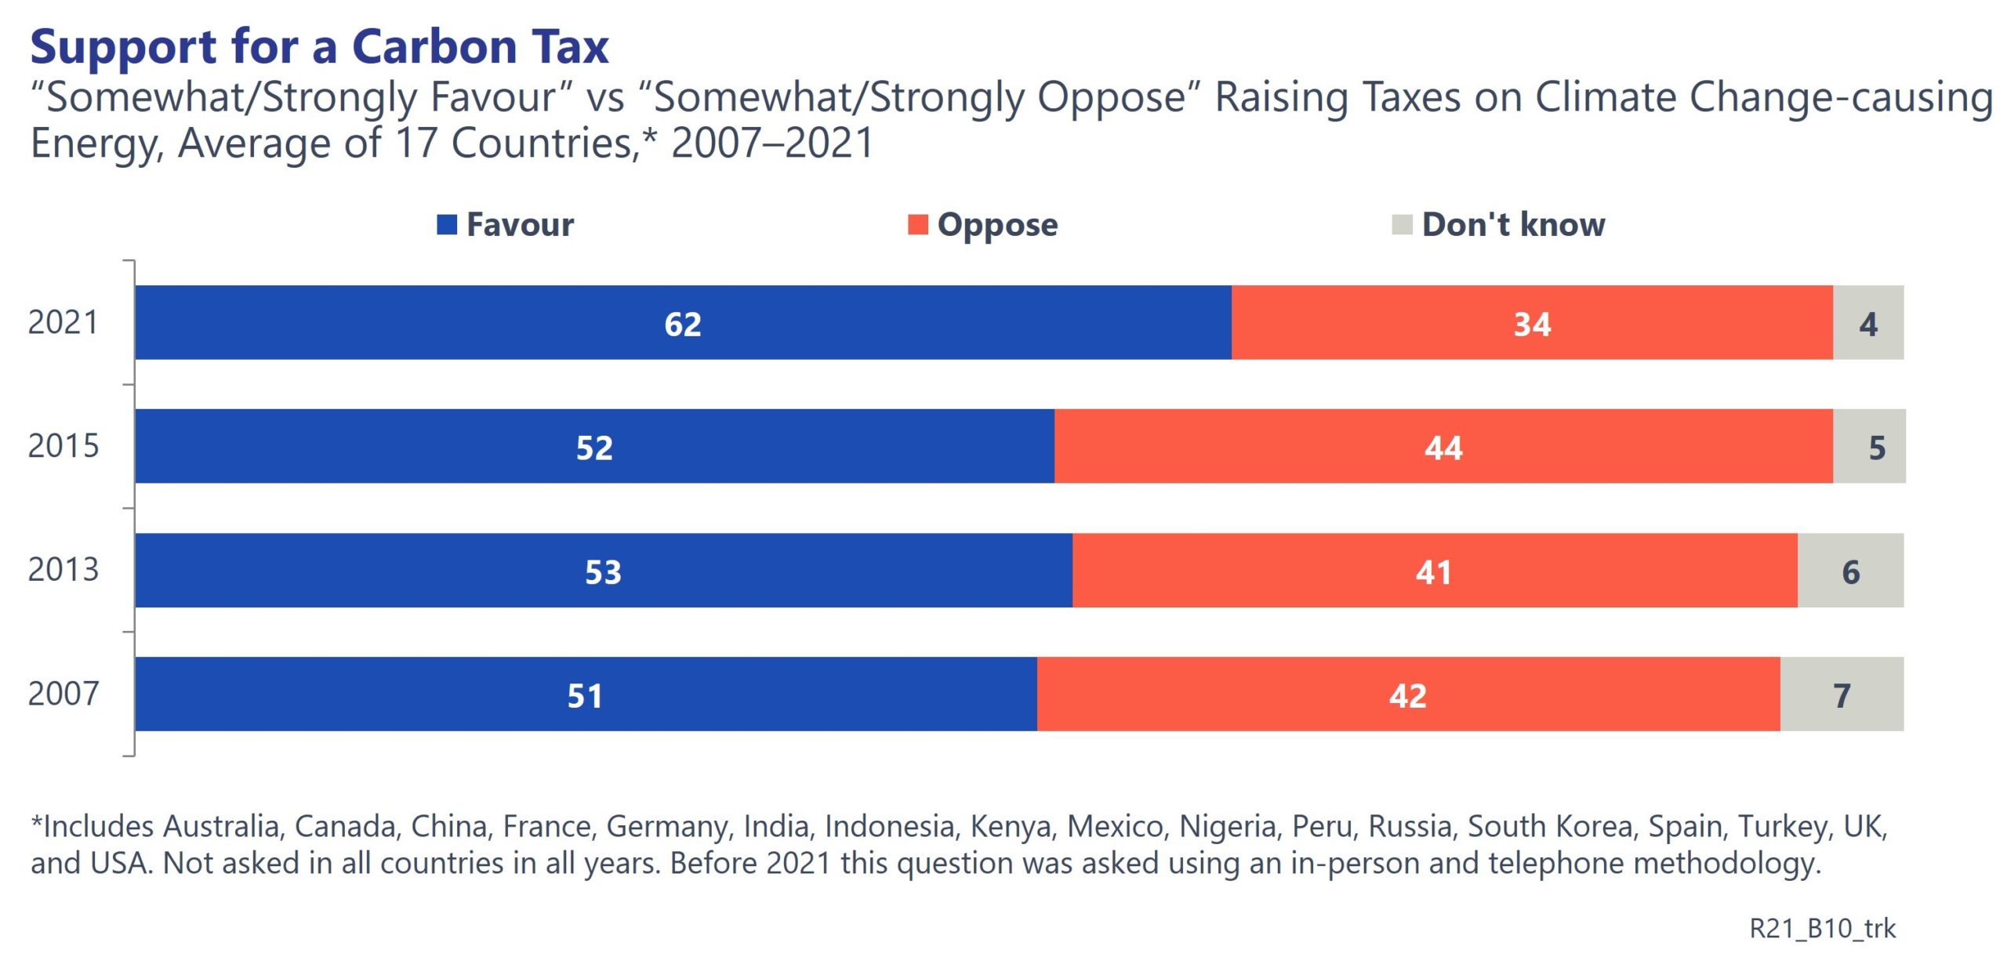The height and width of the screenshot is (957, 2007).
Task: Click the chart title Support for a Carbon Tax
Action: pos(319,47)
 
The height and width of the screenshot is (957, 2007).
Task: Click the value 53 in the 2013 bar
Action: pos(603,572)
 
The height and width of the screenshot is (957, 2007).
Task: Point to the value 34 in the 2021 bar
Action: pos(1532,324)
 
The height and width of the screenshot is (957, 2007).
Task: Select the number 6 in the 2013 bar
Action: pos(1850,572)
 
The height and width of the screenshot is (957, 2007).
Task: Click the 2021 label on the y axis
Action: pos(64,322)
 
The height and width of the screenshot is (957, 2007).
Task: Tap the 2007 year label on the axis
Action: pos(64,694)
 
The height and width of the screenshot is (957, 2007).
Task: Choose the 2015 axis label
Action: pos(64,446)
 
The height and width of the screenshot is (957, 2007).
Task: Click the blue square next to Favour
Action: pos(447,225)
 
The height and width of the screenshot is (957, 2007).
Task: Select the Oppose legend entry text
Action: pos(997,225)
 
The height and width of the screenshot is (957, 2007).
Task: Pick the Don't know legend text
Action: pos(1513,225)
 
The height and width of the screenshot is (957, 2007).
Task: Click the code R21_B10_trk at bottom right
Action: pos(1822,929)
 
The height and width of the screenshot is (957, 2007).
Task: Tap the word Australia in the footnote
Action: pos(221,826)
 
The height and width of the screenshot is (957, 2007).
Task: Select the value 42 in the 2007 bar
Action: pos(1407,696)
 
